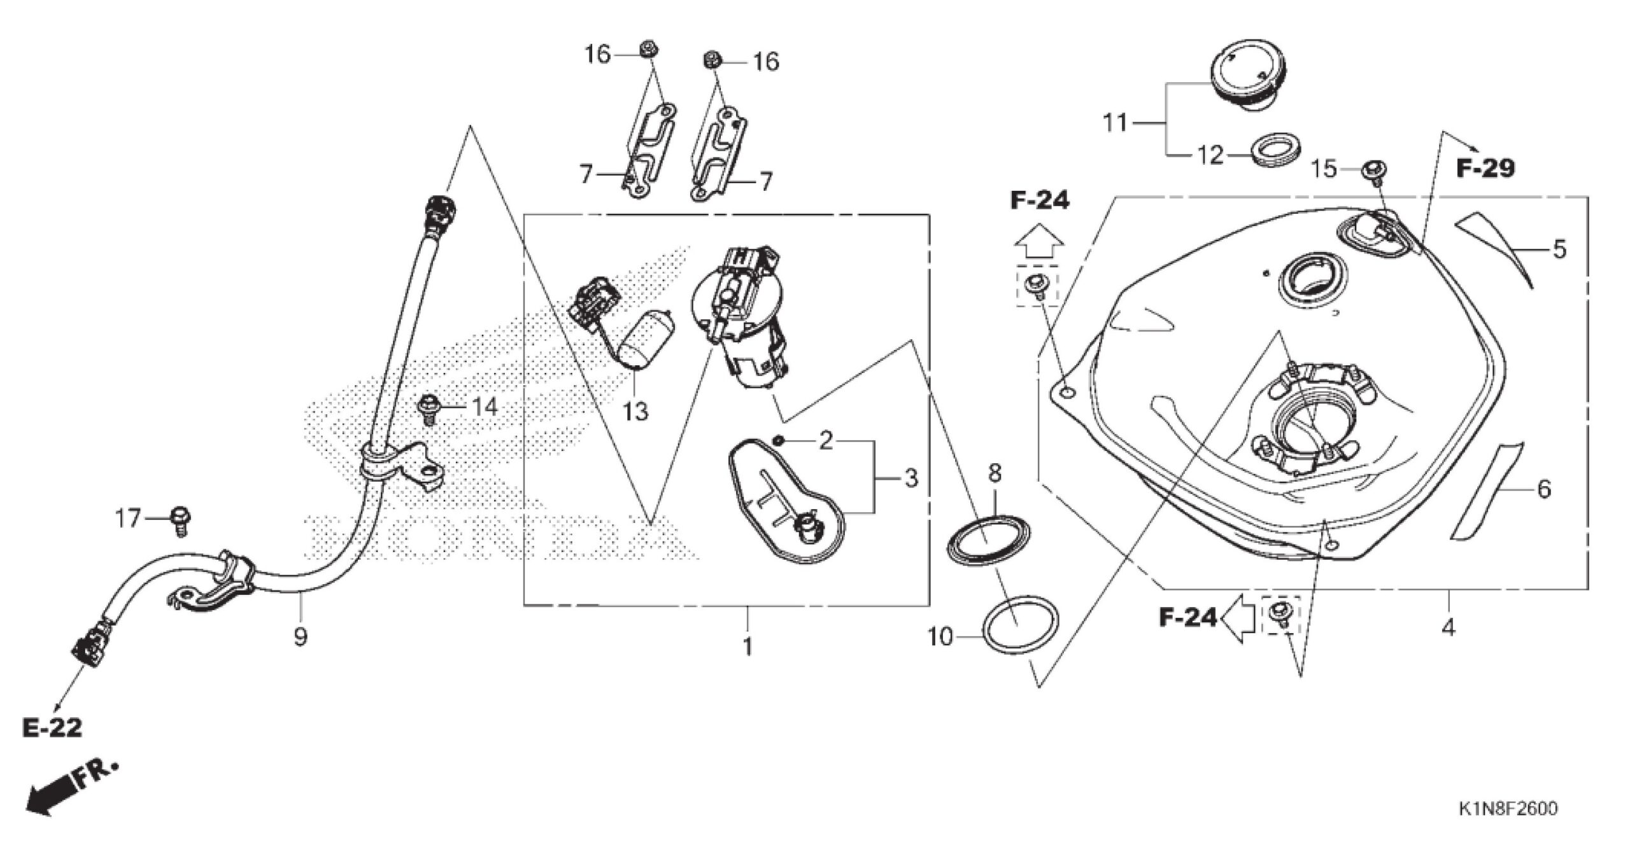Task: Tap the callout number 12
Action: point(1210,155)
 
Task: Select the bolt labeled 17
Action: point(181,520)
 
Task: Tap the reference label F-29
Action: point(1485,168)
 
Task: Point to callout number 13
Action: point(635,412)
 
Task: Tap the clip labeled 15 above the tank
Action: point(1374,172)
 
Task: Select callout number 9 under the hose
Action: point(300,636)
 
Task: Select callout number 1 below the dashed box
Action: point(748,646)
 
